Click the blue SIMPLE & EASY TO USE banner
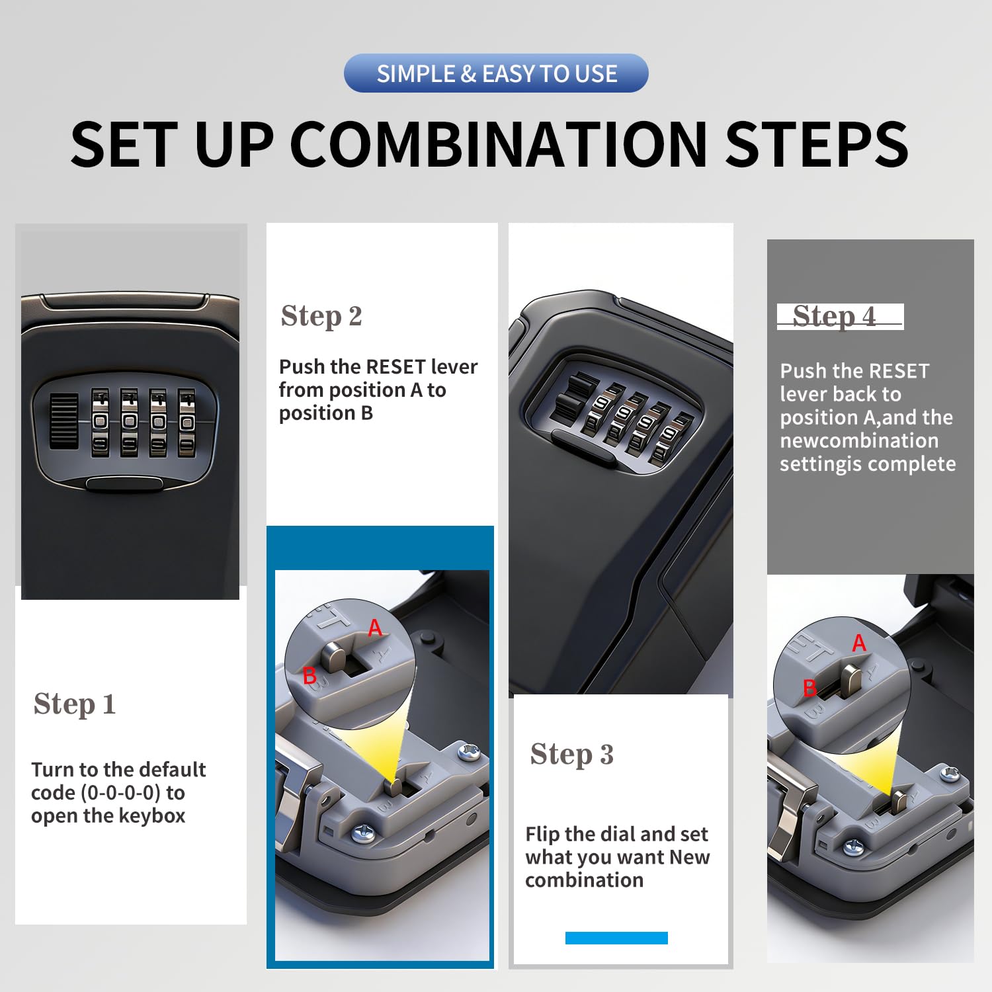tap(496, 73)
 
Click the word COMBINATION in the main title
tap(499, 144)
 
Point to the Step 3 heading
tap(572, 755)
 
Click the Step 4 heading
tap(835, 317)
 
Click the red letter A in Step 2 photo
tap(375, 628)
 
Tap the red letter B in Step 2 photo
tap(309, 676)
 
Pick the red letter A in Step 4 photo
tap(859, 643)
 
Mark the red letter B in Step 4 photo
tap(809, 688)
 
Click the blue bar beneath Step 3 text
tap(616, 938)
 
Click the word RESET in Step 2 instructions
tap(395, 366)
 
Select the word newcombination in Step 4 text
tap(859, 440)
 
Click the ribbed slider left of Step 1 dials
tap(64, 421)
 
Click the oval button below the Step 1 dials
tap(124, 483)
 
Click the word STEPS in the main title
tap(817, 144)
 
